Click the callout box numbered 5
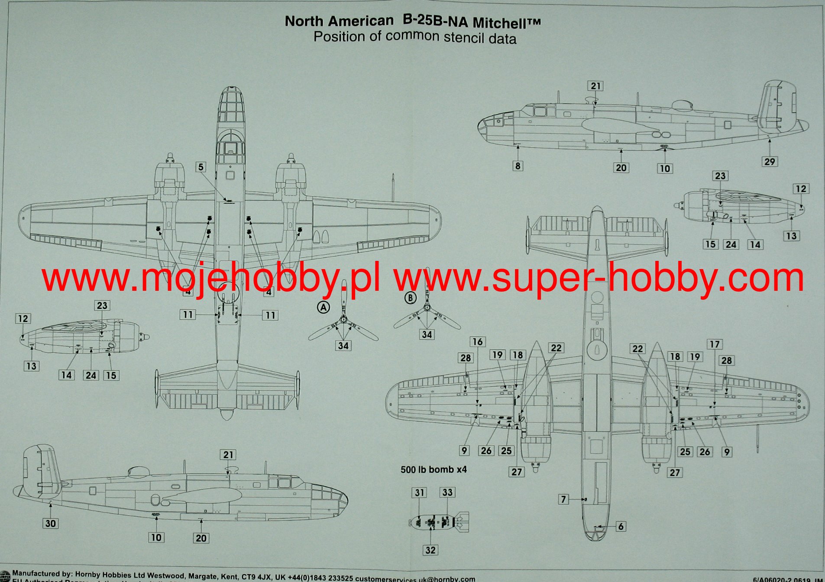(x=200, y=167)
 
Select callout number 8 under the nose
(x=518, y=166)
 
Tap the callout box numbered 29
(x=769, y=162)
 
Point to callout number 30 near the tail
(x=50, y=523)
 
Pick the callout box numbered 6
(x=621, y=526)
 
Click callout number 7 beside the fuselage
(x=563, y=499)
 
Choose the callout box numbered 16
(x=477, y=341)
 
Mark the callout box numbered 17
(x=714, y=344)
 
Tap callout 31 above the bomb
(x=419, y=493)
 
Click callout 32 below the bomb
(x=430, y=550)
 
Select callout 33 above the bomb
(x=447, y=492)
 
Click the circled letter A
(x=324, y=307)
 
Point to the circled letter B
(x=410, y=298)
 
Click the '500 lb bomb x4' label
(x=434, y=469)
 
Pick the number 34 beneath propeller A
(x=343, y=345)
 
